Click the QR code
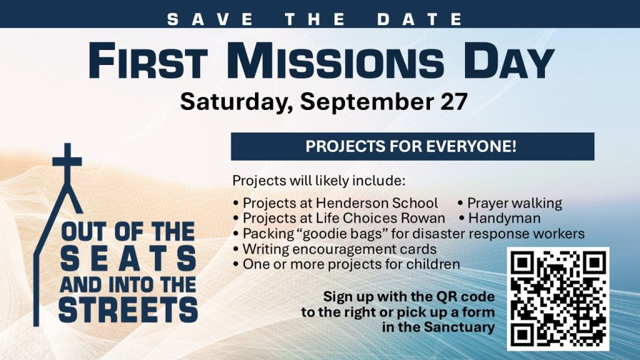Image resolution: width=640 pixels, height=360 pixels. [558, 299]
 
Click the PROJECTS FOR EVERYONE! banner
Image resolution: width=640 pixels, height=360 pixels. [412, 146]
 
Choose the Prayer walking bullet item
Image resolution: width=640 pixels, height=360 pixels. [510, 203]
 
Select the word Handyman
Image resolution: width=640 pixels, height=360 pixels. [504, 218]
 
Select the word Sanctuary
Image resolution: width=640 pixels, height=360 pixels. [459, 327]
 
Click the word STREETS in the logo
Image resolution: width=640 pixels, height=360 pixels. [128, 310]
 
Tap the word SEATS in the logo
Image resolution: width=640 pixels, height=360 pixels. [128, 259]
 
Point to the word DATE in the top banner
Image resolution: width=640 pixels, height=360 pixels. [420, 19]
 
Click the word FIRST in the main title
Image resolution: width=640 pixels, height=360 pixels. [147, 61]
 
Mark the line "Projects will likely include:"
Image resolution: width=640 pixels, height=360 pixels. [319, 181]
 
